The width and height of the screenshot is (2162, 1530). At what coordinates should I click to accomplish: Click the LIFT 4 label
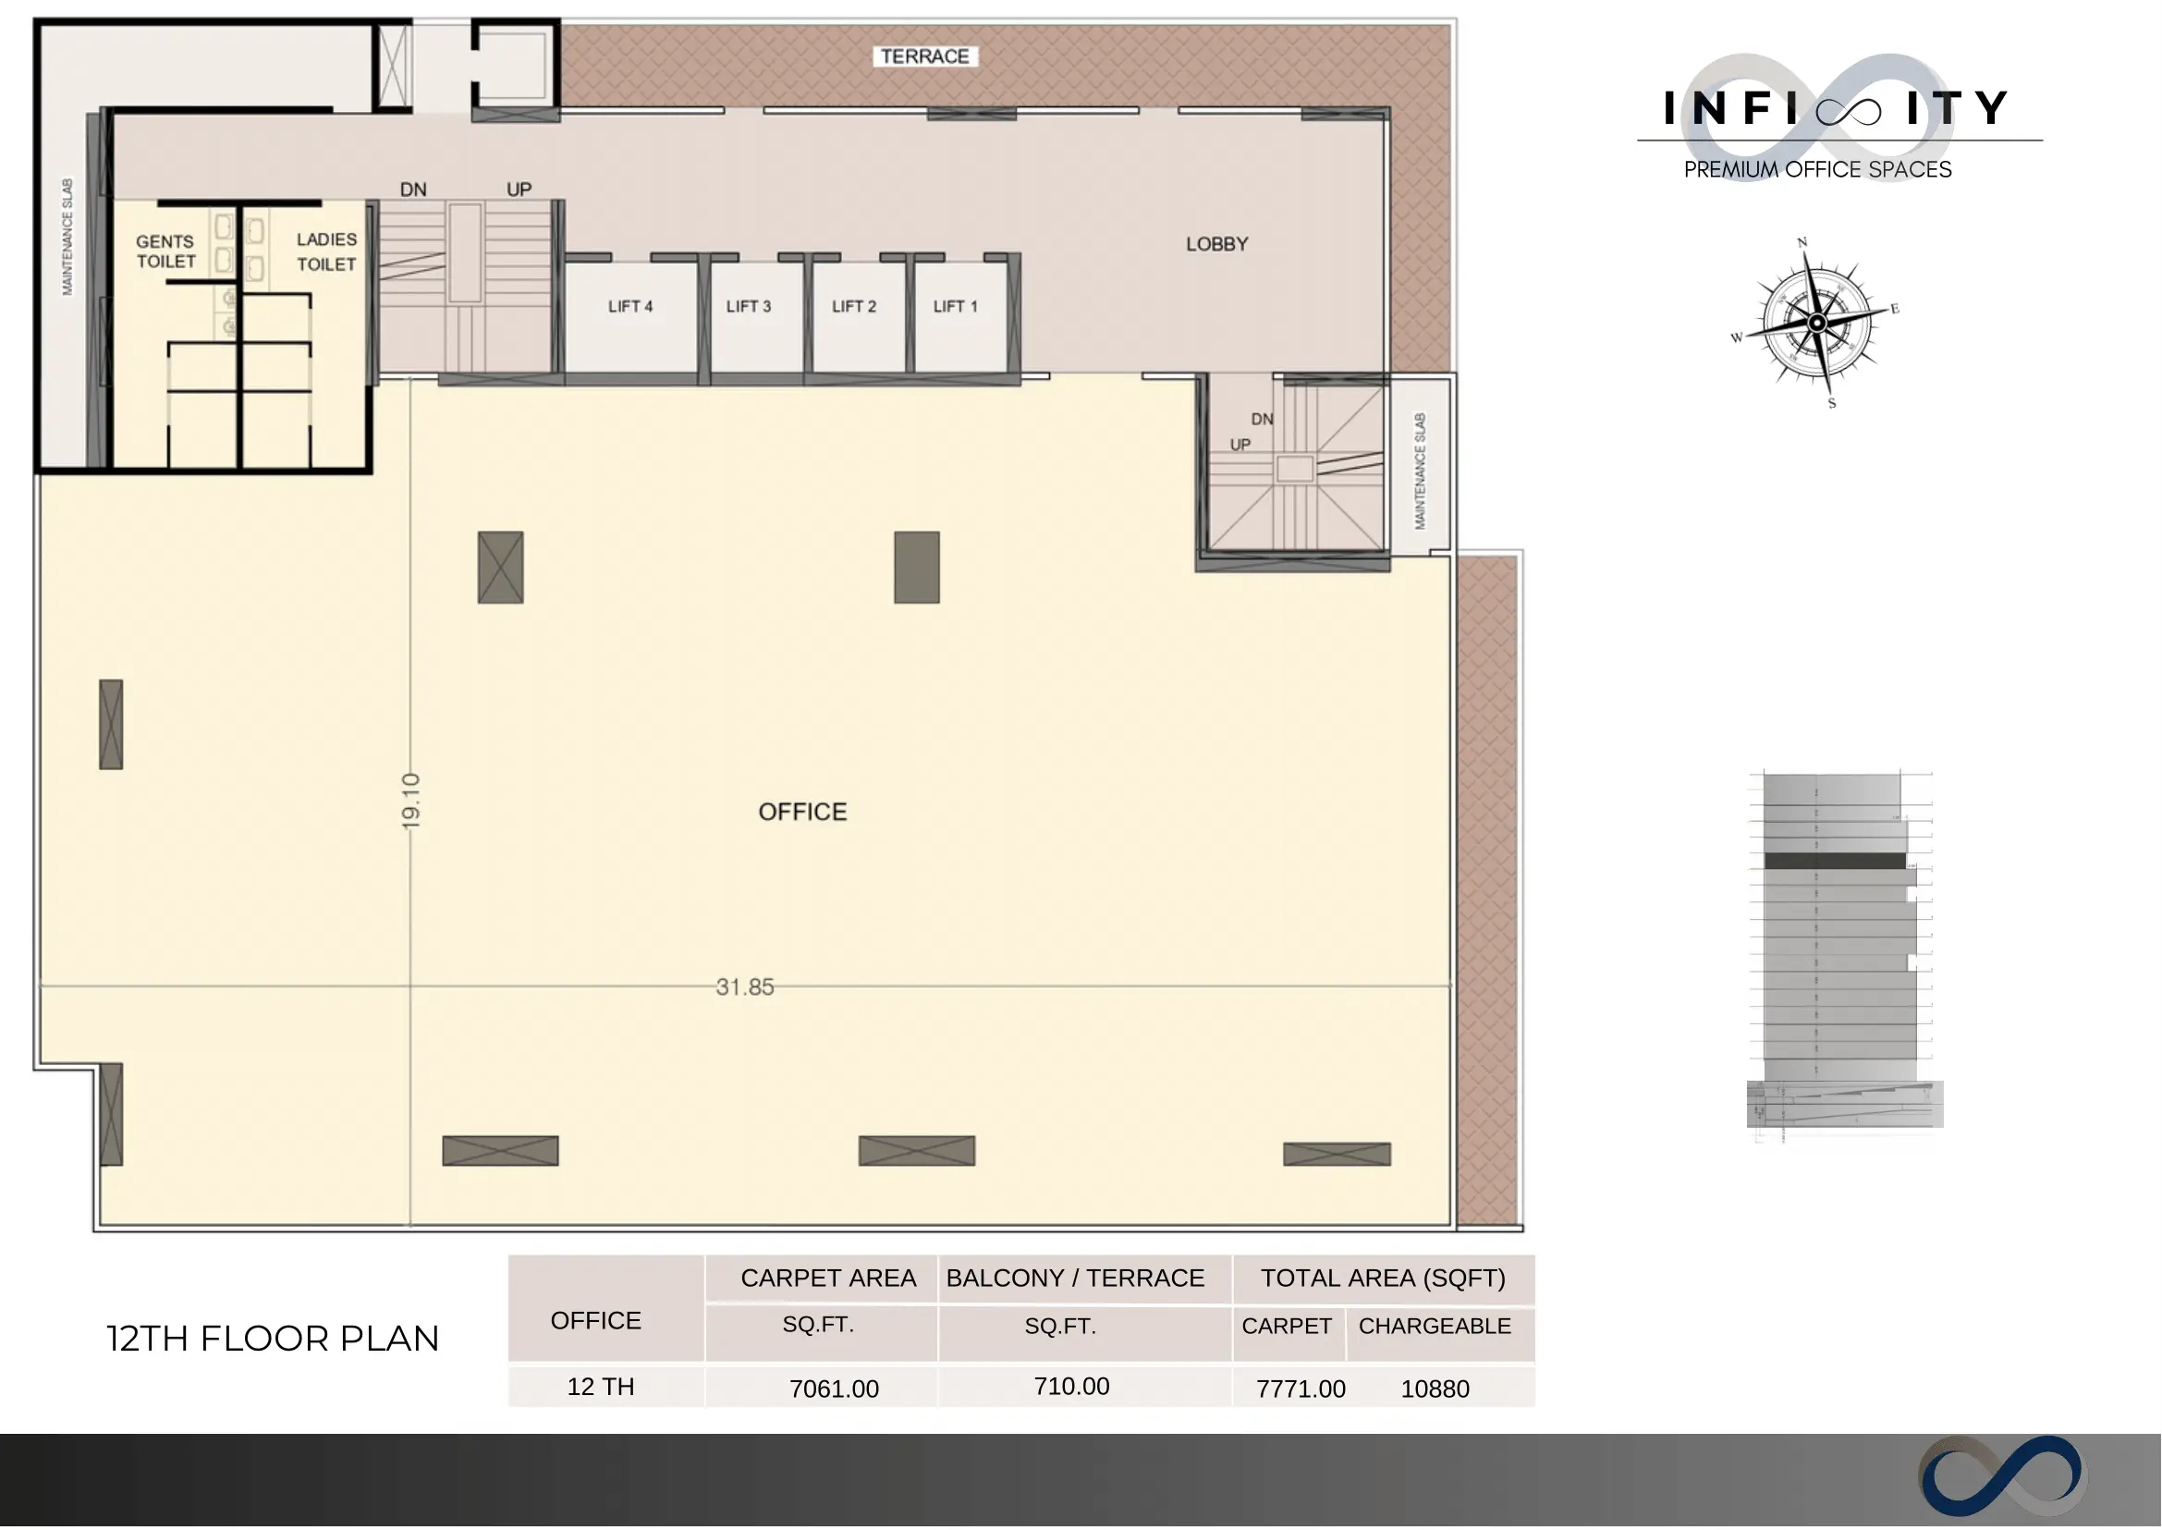[x=630, y=306]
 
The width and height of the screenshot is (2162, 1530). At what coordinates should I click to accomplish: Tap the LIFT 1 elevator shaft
[x=961, y=315]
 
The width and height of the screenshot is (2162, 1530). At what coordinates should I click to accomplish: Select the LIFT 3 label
[x=749, y=306]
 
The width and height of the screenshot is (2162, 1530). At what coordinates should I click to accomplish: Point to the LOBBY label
[x=1217, y=244]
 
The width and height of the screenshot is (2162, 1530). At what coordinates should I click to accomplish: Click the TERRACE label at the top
[x=925, y=56]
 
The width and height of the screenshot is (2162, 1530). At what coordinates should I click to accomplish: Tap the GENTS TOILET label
[x=165, y=251]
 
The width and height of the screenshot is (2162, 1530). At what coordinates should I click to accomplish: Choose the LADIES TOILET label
[x=327, y=251]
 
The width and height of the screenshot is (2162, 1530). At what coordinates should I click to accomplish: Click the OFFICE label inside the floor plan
[x=802, y=812]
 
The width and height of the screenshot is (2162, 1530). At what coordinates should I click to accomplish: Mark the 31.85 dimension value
[x=745, y=987]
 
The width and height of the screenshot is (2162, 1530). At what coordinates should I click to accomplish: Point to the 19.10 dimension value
[x=410, y=802]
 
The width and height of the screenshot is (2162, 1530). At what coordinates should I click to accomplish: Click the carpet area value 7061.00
[x=834, y=1389]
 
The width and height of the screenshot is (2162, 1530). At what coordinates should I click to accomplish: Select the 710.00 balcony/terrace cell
[x=1072, y=1387]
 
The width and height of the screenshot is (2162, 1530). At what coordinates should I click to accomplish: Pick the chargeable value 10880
[x=1435, y=1389]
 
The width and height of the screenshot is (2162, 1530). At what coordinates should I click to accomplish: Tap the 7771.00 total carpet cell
[x=1301, y=1389]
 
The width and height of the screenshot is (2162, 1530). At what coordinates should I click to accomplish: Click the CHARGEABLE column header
[x=1435, y=1327]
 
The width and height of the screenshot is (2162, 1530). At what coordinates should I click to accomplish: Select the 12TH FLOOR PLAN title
[x=274, y=1339]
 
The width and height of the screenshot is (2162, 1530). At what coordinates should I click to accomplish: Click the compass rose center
[x=1817, y=324]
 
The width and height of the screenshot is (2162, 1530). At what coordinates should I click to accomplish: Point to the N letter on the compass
[x=1802, y=242]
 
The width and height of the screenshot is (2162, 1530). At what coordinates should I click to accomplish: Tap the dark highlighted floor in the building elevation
[x=1835, y=861]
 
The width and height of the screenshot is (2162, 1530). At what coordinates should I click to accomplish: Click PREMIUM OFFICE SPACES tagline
[x=1818, y=169]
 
